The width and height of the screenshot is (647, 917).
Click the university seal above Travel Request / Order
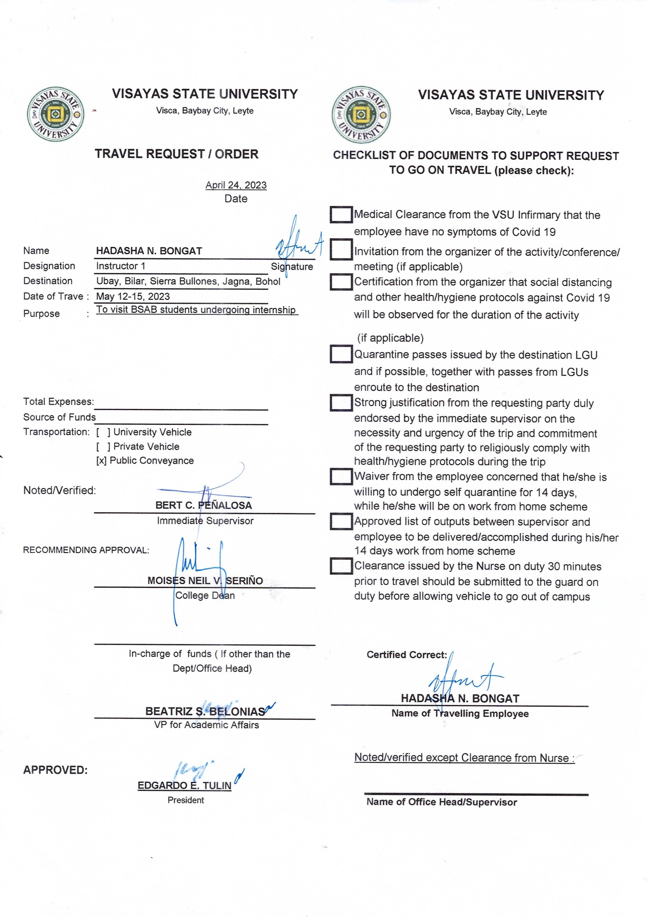pyautogui.click(x=56, y=114)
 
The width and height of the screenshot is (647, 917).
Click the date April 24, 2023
pyautogui.click(x=236, y=185)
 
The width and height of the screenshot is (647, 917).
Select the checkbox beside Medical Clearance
pyautogui.click(x=341, y=215)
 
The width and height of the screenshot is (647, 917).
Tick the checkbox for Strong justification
pyautogui.click(x=341, y=403)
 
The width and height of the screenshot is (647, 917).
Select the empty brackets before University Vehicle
pyautogui.click(x=103, y=432)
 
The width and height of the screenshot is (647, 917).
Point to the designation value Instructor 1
pyautogui.click(x=121, y=266)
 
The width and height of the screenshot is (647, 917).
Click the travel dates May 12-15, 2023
pyautogui.click(x=133, y=297)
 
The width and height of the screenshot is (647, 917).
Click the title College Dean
pyautogui.click(x=205, y=596)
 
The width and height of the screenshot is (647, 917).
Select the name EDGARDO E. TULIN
pyautogui.click(x=184, y=786)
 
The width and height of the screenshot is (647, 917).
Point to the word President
pyautogui.click(x=186, y=800)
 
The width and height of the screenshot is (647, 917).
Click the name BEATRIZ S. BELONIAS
pyautogui.click(x=205, y=711)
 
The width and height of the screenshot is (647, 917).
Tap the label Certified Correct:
pyautogui.click(x=406, y=655)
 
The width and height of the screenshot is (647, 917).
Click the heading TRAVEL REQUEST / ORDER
pyautogui.click(x=177, y=154)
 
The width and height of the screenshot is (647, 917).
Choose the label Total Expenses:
pyautogui.click(x=58, y=402)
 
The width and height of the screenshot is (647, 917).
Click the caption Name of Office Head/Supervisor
pyautogui.click(x=442, y=802)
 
